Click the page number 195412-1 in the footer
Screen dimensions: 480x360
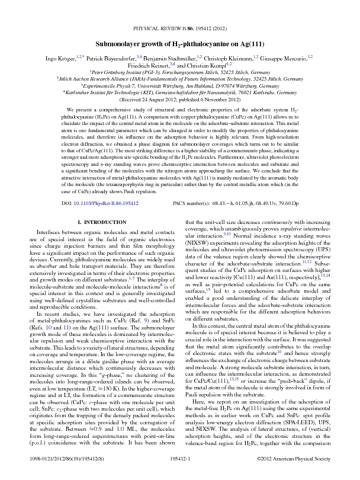(180, 472)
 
